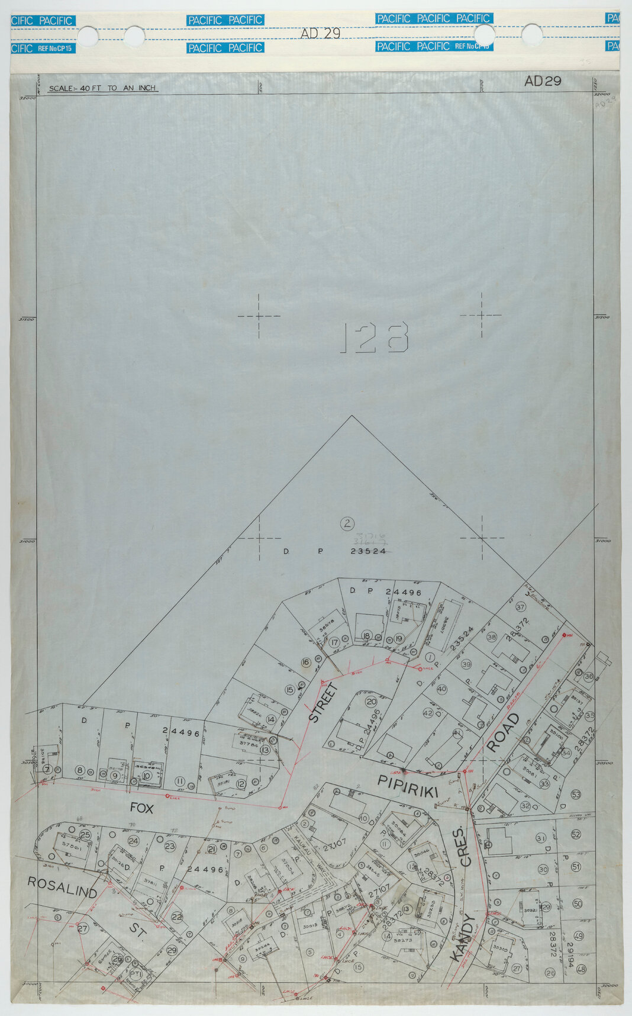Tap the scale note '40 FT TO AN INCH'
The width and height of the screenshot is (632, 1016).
pos(103,88)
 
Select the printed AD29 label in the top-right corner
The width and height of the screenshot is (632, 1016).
pos(543,81)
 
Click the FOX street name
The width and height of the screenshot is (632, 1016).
pos(141,808)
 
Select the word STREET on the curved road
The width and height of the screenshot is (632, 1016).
pos(323,703)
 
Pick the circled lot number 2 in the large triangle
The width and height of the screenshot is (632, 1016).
pos(347,523)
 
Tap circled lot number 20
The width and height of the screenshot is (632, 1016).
pos(371,702)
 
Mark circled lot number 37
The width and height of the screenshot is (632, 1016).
pos(521,607)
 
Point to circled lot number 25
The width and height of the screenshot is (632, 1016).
pos(85,835)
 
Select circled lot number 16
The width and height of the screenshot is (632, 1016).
pos(306,663)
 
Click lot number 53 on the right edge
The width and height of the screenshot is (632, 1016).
pos(575,794)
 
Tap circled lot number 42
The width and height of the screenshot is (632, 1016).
pos(427,713)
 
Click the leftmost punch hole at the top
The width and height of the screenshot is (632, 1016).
pos(88,36)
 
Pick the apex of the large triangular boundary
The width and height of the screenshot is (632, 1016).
pos(352,416)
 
